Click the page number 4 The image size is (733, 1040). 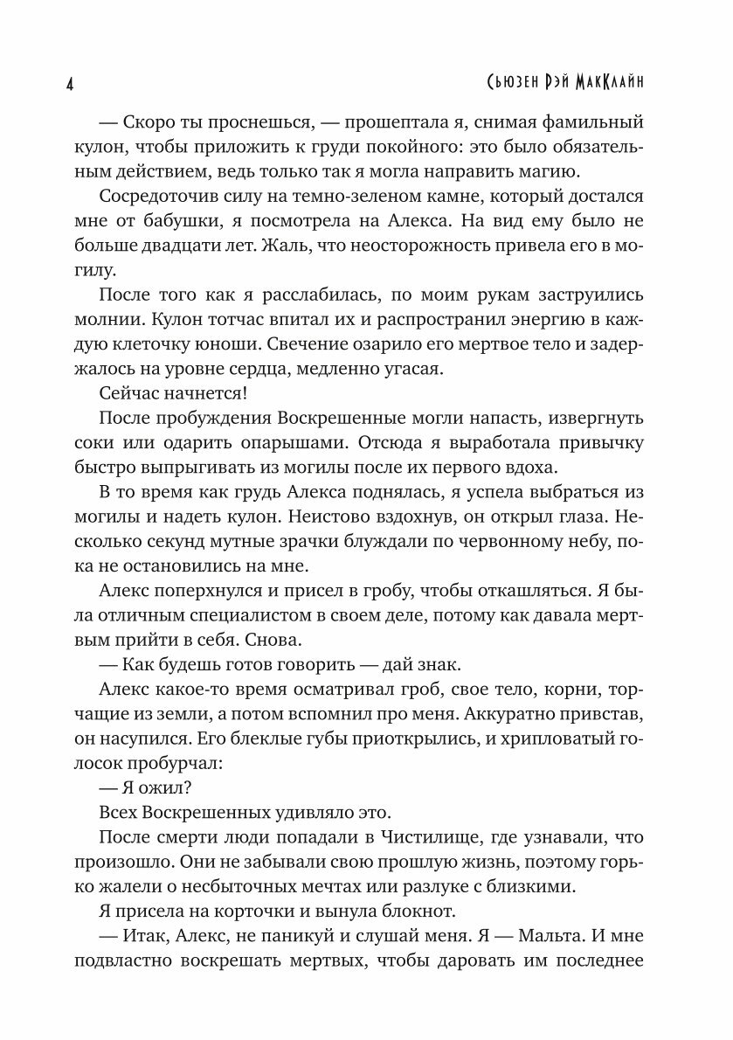69,84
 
